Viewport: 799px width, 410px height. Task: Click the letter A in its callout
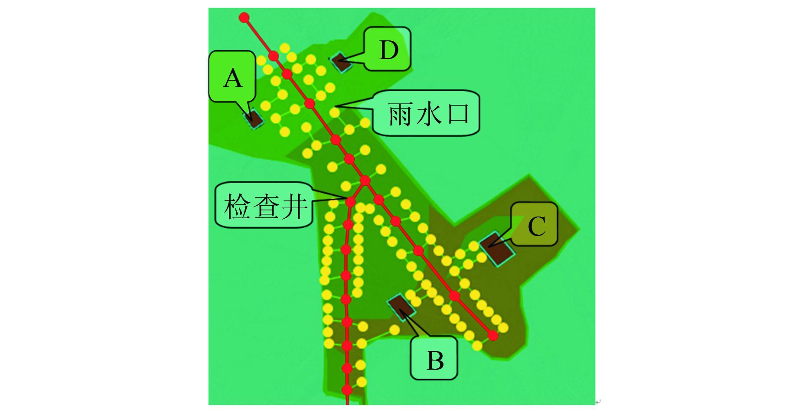point(233,79)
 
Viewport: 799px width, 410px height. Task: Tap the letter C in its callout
point(536,226)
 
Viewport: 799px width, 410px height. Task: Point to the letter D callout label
point(388,50)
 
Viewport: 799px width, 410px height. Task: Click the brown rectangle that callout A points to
point(254,118)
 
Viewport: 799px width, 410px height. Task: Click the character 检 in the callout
point(238,206)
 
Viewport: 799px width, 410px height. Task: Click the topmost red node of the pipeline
point(245,17)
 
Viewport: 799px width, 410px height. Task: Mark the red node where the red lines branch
point(365,180)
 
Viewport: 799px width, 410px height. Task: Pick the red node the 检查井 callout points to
point(350,201)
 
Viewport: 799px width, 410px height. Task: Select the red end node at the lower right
point(492,335)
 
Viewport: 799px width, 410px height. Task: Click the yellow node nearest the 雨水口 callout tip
point(334,113)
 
